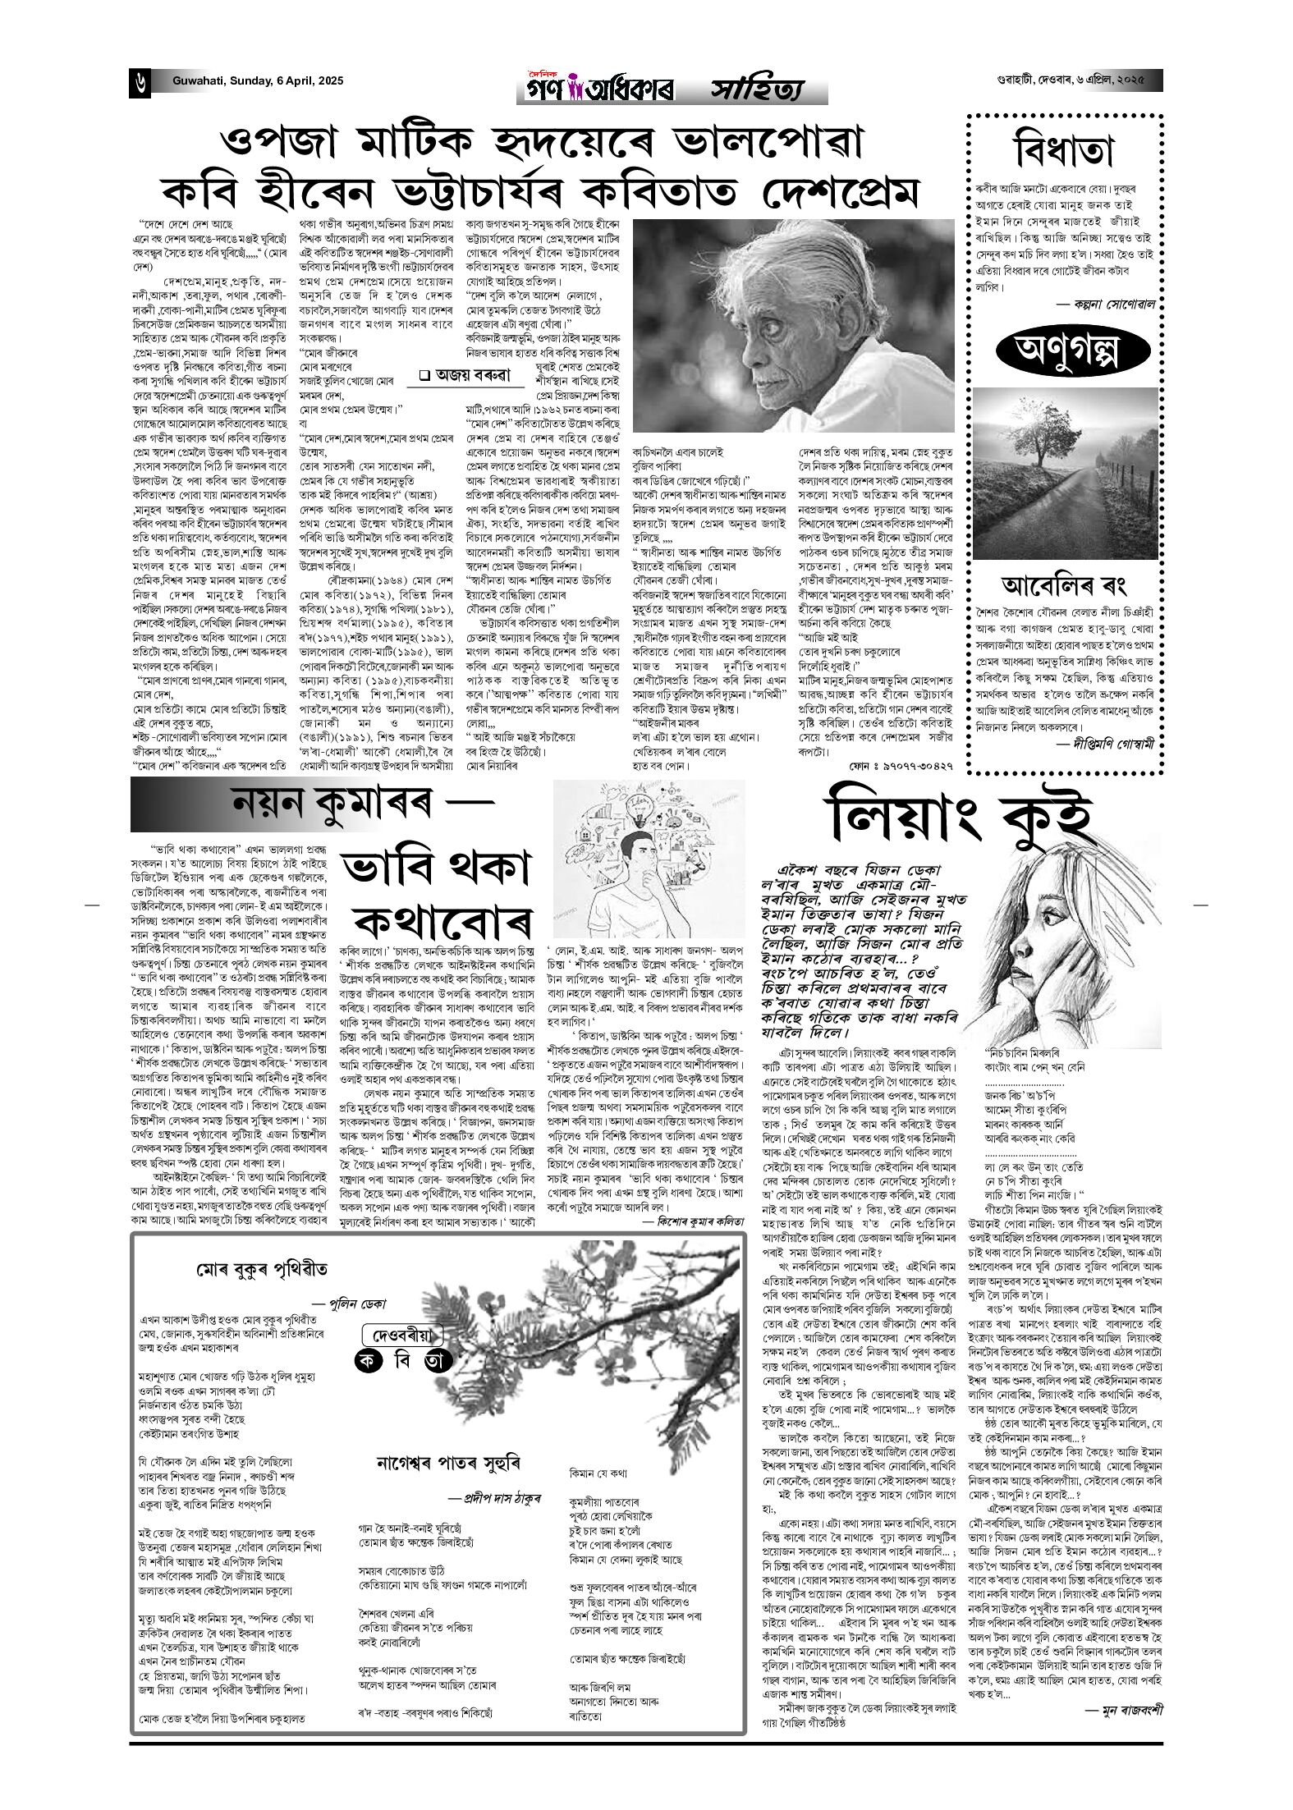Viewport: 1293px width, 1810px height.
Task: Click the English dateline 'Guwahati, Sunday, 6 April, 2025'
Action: (258, 81)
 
